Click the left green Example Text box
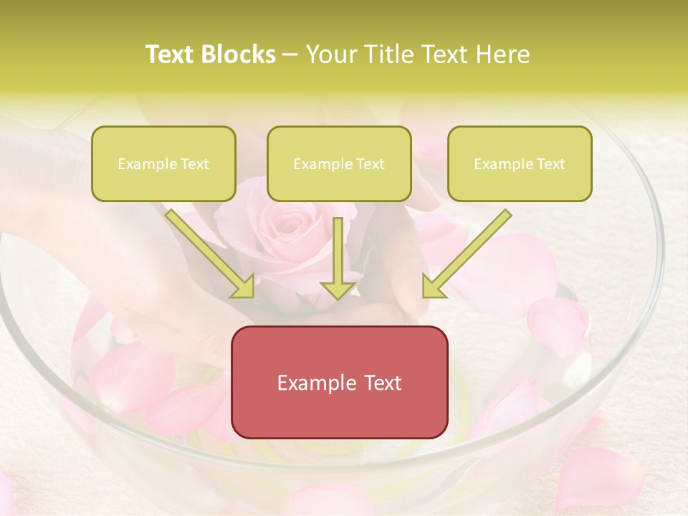163,163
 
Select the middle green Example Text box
339,163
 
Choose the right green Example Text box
520,163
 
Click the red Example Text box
339,382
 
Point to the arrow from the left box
208,251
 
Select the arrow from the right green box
469,251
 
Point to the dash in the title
290,55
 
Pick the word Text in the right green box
550,164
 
